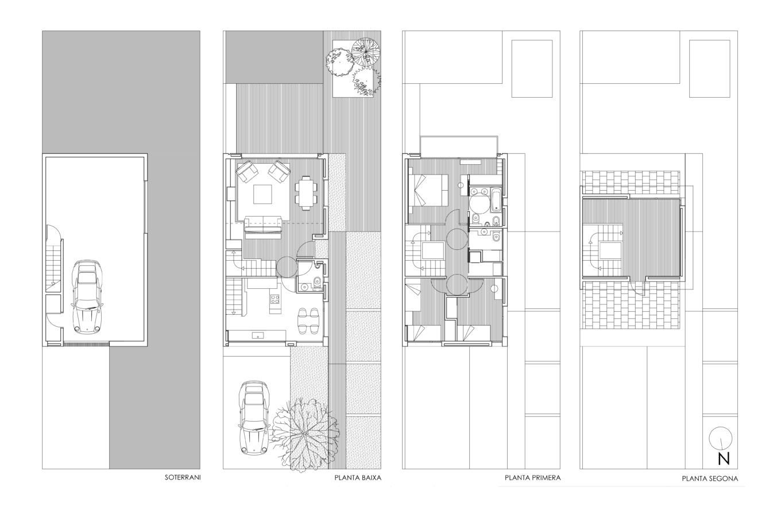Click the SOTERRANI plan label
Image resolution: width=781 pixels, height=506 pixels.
pos(183,477)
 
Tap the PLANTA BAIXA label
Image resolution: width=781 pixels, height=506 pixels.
pos(358,478)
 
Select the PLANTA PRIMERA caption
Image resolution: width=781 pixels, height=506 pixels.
pos(532,478)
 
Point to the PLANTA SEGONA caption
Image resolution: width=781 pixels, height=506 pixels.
pos(710,479)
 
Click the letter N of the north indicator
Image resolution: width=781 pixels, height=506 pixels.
pos(724,459)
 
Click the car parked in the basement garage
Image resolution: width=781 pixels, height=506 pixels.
pos(87,296)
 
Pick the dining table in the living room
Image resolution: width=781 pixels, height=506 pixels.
pos(306,193)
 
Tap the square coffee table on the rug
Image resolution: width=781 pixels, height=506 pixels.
pos(262,194)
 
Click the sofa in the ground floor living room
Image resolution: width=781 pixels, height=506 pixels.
pos(263,227)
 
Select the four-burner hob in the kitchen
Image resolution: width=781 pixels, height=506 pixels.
pos(274,299)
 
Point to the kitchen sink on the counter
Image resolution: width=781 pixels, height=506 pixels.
pos(258,335)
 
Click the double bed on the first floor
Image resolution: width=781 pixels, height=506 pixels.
pos(428,190)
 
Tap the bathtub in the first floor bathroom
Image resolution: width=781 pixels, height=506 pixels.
pos(496,200)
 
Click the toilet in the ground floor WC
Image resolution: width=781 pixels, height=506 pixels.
pos(317,281)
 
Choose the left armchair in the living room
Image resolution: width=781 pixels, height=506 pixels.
pos(247,171)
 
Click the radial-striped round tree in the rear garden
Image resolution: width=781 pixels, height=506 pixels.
pos(365,52)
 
